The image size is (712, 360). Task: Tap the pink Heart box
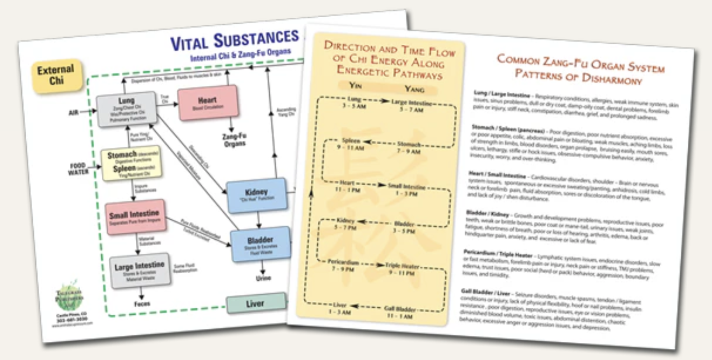click(208, 103)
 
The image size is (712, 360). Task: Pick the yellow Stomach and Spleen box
click(132, 164)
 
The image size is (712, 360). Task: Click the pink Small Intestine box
click(135, 216)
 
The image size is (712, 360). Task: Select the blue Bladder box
click(260, 243)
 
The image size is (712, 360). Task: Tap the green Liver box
click(255, 304)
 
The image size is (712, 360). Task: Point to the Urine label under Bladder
click(263, 278)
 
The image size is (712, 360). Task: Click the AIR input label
click(74, 112)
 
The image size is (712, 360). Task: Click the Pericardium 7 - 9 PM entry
click(342, 265)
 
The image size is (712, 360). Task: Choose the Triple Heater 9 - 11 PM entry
click(402, 269)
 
